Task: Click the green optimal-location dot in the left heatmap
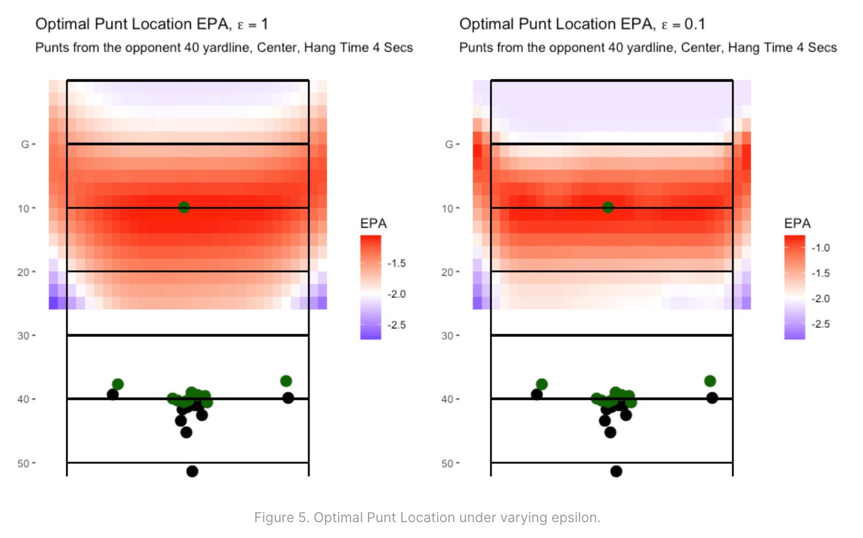(183, 207)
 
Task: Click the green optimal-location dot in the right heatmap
(608, 207)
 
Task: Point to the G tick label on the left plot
(25, 144)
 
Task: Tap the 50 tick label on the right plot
(447, 463)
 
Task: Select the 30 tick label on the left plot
(23, 336)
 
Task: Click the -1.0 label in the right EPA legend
(820, 248)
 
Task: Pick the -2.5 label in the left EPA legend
(396, 325)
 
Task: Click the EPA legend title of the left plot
(373, 224)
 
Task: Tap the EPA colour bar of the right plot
(794, 287)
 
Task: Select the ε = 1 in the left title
(252, 24)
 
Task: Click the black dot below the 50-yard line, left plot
(192, 471)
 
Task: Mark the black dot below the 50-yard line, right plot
(616, 471)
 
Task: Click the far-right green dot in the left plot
(286, 381)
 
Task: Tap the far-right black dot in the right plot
(712, 398)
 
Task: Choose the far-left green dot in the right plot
(541, 384)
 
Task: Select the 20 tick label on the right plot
(447, 272)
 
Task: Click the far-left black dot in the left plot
(113, 394)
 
